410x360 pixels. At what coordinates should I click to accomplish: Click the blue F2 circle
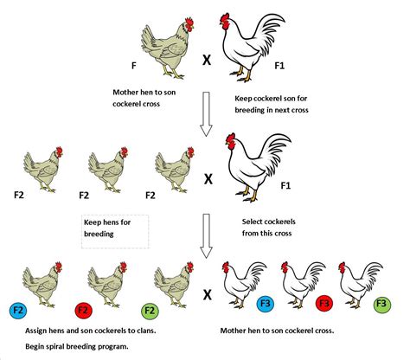pyautogui.click(x=18, y=311)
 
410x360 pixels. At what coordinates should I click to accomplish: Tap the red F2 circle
pyautogui.click(x=83, y=311)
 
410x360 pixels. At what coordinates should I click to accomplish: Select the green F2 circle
pyautogui.click(x=150, y=311)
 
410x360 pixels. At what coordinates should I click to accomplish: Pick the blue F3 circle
pyautogui.click(x=266, y=304)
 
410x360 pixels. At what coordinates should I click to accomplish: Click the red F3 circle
pyautogui.click(x=324, y=304)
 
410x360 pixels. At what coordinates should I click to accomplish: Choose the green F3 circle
pyautogui.click(x=381, y=304)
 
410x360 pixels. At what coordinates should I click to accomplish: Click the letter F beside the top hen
pyautogui.click(x=133, y=66)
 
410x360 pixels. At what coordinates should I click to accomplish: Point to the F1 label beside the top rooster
pyautogui.click(x=279, y=66)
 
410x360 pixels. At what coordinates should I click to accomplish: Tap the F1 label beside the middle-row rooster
pyautogui.click(x=285, y=185)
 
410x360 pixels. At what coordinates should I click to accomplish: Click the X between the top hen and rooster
pyautogui.click(x=207, y=60)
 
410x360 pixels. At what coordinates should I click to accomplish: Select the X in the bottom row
pyautogui.click(x=208, y=294)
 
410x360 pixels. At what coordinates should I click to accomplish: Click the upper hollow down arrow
pyautogui.click(x=206, y=114)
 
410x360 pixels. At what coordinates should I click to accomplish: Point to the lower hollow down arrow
pyautogui.click(x=206, y=236)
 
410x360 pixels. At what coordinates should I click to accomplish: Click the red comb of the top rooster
pyautogui.click(x=225, y=18)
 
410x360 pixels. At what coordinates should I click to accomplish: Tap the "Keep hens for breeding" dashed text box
pyautogui.click(x=115, y=232)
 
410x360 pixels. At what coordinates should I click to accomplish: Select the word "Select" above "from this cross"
pyautogui.click(x=252, y=222)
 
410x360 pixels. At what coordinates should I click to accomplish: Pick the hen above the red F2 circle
pyautogui.click(x=107, y=285)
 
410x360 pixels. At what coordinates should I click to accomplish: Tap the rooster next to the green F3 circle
pyautogui.click(x=361, y=285)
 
